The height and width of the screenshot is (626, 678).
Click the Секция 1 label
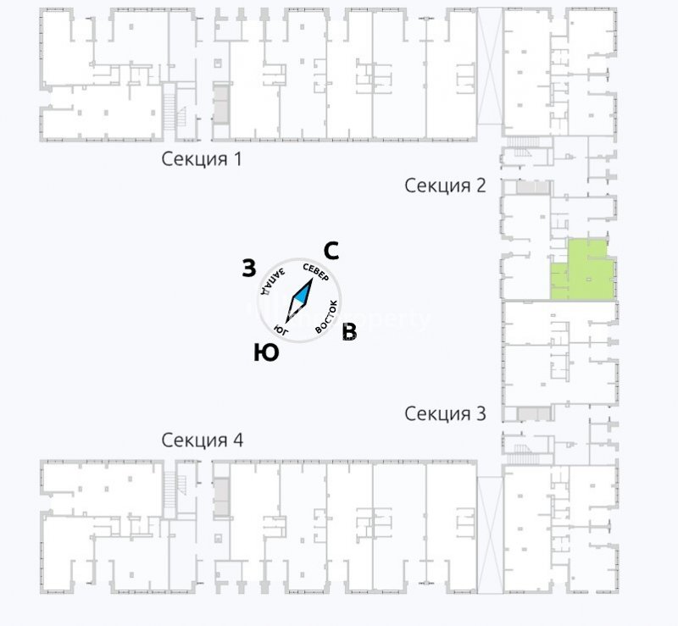click(202, 159)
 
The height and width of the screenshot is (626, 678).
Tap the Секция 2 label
click(445, 186)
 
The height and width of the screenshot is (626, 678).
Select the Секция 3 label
click(445, 413)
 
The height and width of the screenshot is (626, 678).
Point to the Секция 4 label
click(202, 440)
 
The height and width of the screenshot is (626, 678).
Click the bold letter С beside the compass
click(332, 250)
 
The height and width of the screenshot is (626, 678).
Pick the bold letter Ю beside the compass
click(266, 352)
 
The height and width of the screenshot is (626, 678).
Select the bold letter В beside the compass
click(348, 333)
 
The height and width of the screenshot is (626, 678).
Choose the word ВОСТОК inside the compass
click(327, 316)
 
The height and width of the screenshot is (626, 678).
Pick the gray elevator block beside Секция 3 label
click(532, 413)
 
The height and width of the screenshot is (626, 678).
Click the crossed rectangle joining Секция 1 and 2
click(490, 65)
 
